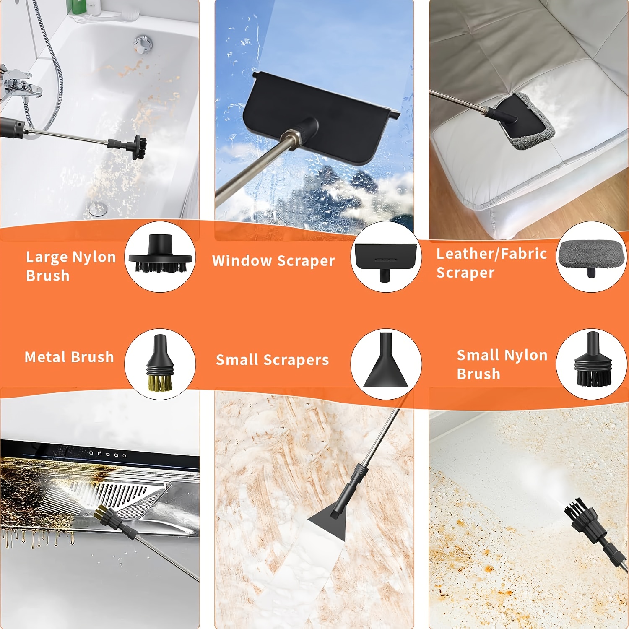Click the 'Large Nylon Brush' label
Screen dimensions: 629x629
(x=70, y=266)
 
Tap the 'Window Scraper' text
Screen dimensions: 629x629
(x=273, y=261)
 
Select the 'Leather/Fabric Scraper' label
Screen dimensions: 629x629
(x=491, y=263)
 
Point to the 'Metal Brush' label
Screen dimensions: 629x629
(x=69, y=357)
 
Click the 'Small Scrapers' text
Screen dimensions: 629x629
(x=273, y=360)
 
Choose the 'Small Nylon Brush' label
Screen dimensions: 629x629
(x=502, y=364)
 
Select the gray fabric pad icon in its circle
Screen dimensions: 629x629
(x=591, y=257)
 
